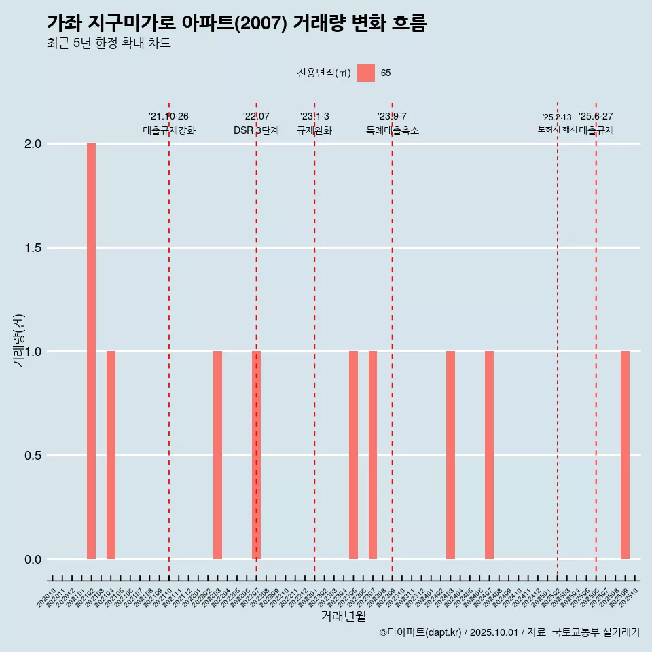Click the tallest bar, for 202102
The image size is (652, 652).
tap(91, 351)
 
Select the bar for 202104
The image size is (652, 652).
tap(111, 455)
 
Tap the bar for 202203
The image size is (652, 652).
tap(217, 455)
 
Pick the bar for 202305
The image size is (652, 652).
tap(353, 455)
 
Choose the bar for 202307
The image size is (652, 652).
tap(373, 455)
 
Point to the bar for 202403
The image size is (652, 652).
tap(450, 455)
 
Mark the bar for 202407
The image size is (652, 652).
tap(489, 455)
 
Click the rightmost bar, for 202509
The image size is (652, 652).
tap(625, 455)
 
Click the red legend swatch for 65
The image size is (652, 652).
tap(366, 73)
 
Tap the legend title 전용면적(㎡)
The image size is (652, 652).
tap(324, 73)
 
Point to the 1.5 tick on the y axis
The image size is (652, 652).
tap(33, 248)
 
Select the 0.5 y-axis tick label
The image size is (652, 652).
tap(33, 456)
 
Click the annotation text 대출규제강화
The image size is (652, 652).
tap(169, 130)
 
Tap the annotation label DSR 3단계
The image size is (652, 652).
tap(256, 130)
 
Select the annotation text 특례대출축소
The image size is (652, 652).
tap(392, 130)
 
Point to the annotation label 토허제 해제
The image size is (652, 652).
tap(557, 129)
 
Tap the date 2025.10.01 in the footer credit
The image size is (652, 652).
tap(494, 632)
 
